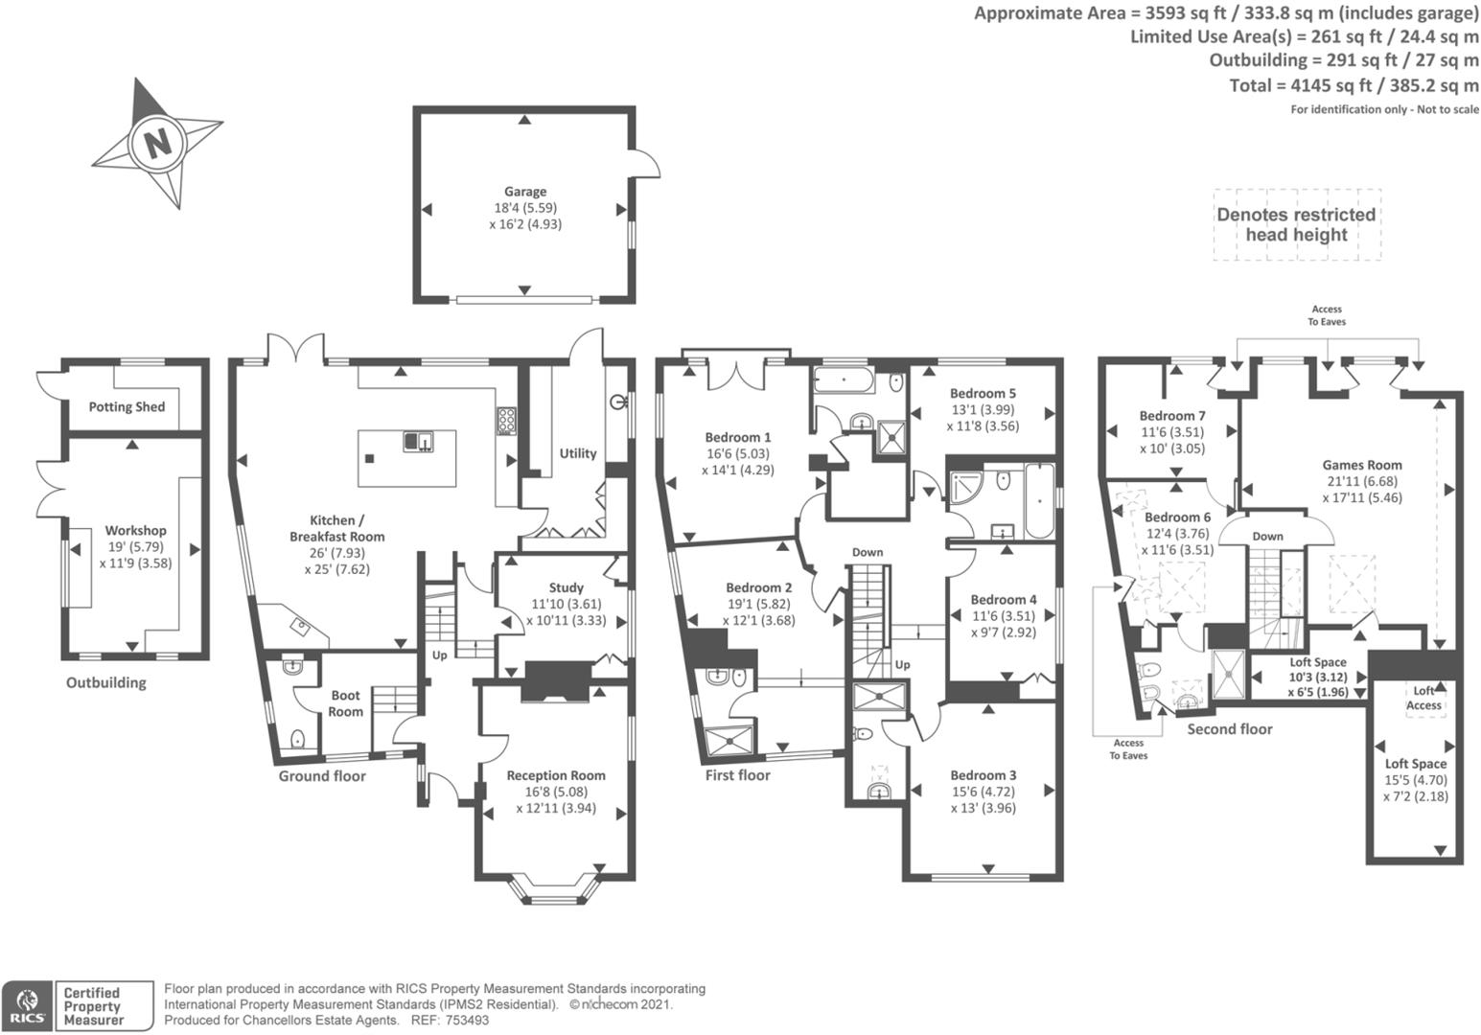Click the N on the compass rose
157,143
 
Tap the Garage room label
525,192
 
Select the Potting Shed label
127,407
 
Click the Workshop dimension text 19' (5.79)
135,547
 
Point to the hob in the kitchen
506,421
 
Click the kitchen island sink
419,441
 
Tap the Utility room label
578,453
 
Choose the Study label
566,587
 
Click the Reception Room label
556,775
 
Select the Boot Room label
346,703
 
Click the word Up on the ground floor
440,655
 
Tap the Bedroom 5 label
983,393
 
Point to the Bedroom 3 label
983,775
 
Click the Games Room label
1362,466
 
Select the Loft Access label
1423,698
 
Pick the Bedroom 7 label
1172,416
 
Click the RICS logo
27,1005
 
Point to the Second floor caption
1230,729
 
